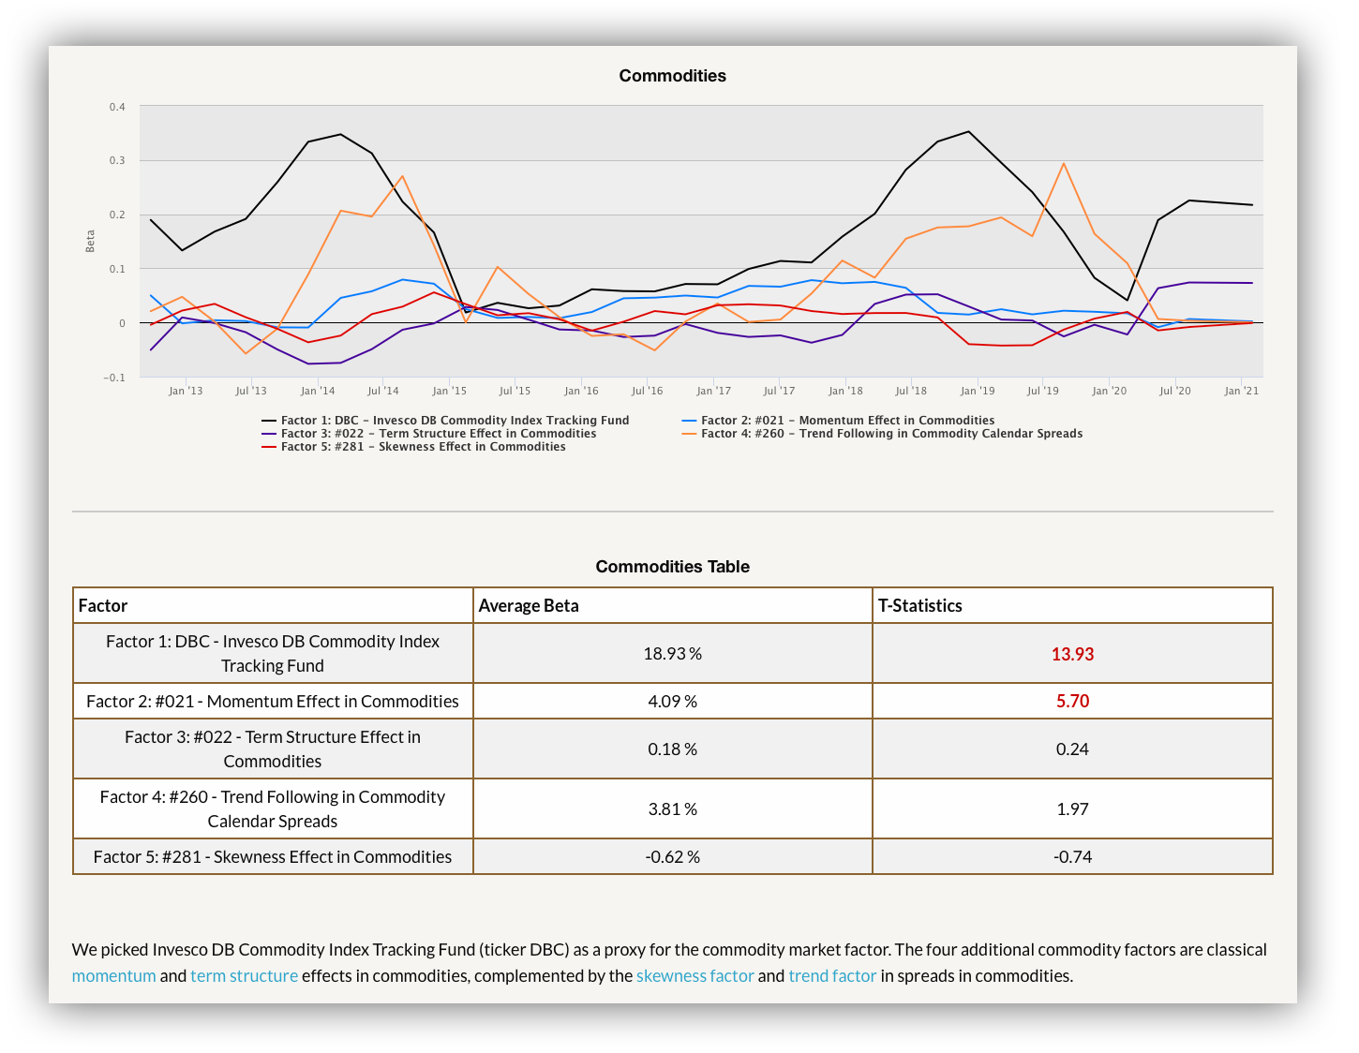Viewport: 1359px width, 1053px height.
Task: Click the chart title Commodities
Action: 672,76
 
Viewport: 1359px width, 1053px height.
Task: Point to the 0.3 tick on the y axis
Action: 117,160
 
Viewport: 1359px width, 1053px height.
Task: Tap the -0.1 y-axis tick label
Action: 113,378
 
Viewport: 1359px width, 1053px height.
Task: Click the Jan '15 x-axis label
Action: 449,391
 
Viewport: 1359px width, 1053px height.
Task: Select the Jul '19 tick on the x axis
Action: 1042,391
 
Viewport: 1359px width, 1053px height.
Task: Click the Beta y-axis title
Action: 90,241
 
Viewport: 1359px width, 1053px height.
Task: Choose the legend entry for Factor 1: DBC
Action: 445,420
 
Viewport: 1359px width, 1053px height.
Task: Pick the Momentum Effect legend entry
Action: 838,420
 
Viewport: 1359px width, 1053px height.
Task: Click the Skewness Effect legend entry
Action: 413,446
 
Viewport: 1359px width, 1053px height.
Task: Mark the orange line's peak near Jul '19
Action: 1063,164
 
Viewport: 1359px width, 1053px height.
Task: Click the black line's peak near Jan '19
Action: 969,131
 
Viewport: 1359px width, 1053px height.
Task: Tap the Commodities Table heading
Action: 672,566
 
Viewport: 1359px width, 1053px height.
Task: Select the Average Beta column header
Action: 529,605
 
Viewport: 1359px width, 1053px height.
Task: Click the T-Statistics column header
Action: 920,605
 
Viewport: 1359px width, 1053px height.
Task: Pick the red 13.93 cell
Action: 1072,654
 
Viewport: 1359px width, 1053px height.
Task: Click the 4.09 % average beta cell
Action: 672,701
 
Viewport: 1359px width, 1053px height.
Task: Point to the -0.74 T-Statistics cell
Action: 1072,856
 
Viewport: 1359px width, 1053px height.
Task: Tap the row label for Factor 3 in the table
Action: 273,749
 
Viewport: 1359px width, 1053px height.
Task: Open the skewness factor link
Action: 694,975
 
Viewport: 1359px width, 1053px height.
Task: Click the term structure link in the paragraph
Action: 244,975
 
